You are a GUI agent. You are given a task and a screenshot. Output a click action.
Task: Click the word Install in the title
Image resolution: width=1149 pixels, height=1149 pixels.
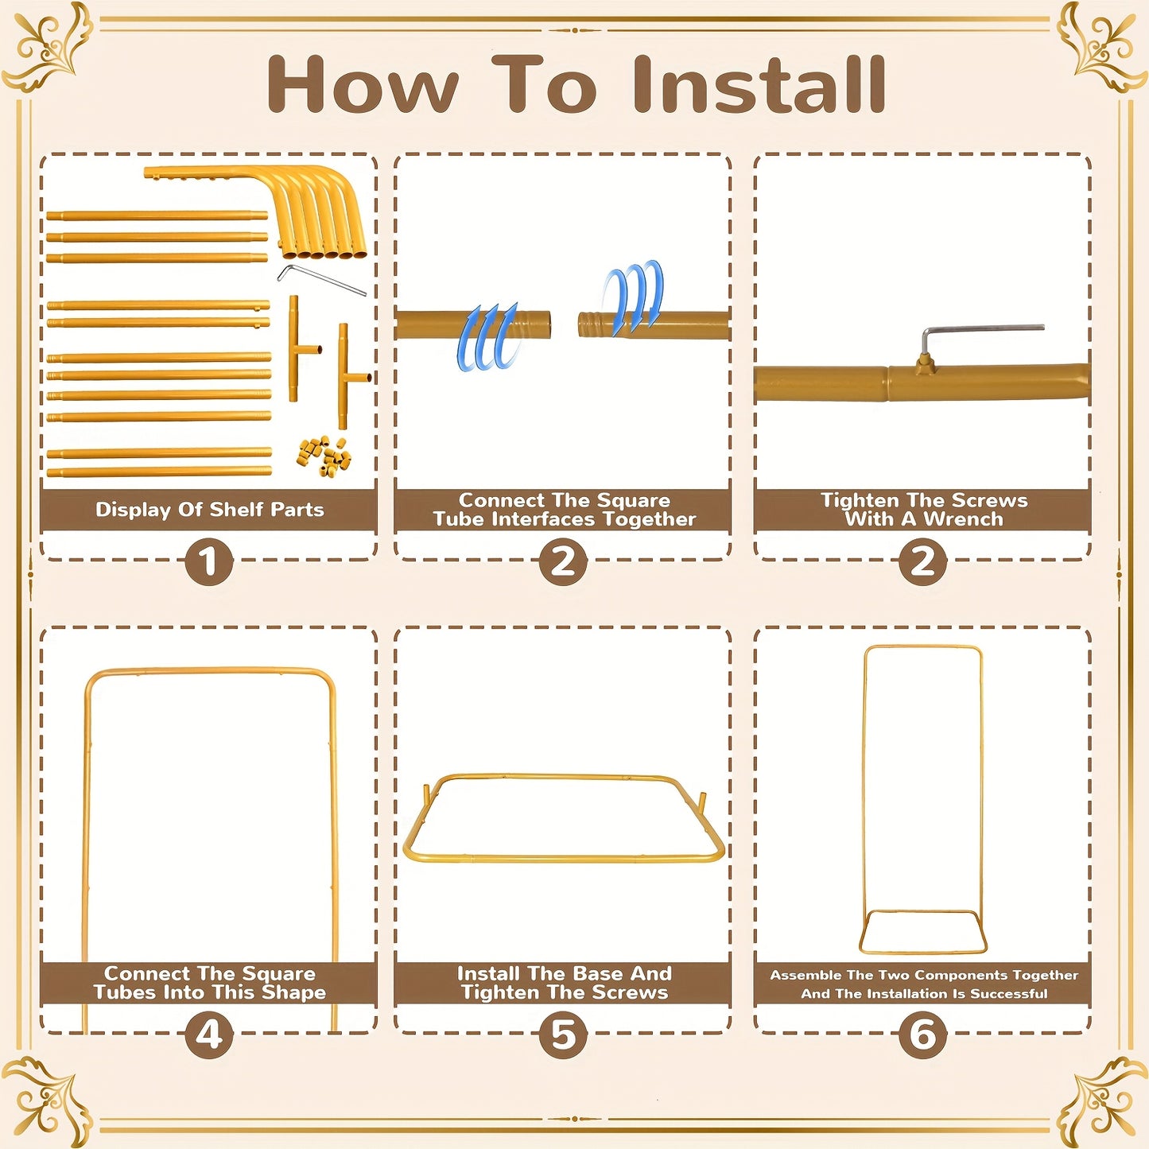coord(759,83)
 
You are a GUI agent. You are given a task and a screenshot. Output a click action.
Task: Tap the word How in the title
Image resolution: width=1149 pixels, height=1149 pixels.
coord(363,83)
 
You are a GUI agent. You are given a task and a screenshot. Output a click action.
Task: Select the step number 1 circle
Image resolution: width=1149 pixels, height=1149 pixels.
coord(208,561)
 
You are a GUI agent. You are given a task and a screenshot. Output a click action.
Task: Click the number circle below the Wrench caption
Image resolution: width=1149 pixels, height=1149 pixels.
coord(922,561)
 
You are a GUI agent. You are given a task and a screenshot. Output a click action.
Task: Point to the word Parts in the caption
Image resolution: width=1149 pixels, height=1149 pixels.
coord(297,510)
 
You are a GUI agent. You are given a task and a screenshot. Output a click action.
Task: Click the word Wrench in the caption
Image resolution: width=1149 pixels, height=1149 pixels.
coord(962,518)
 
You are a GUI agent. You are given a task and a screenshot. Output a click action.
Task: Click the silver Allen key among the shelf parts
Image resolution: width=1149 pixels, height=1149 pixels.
coord(322,279)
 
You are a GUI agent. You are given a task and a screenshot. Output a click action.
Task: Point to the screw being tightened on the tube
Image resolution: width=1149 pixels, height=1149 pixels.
coord(924,361)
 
